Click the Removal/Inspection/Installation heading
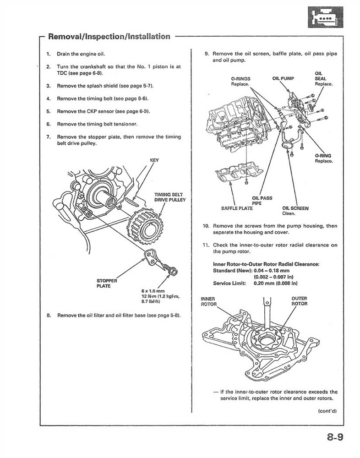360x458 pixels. click(109, 36)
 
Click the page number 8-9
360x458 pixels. click(335, 437)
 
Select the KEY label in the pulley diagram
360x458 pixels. click(154, 160)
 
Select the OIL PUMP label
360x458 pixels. click(283, 78)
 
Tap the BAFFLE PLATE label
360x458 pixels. click(237, 208)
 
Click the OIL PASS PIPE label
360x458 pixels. click(262, 201)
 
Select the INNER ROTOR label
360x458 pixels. click(208, 301)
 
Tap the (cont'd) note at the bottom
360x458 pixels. click(327, 411)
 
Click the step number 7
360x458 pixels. click(48, 136)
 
